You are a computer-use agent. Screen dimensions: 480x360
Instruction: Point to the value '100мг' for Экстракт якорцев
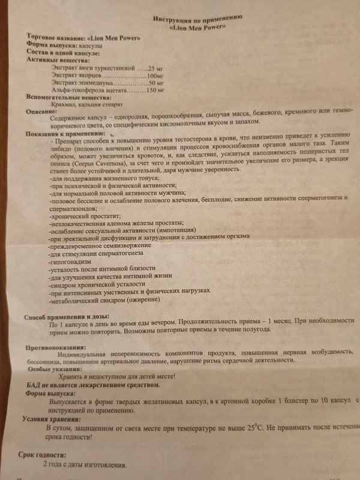tap(155, 77)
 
